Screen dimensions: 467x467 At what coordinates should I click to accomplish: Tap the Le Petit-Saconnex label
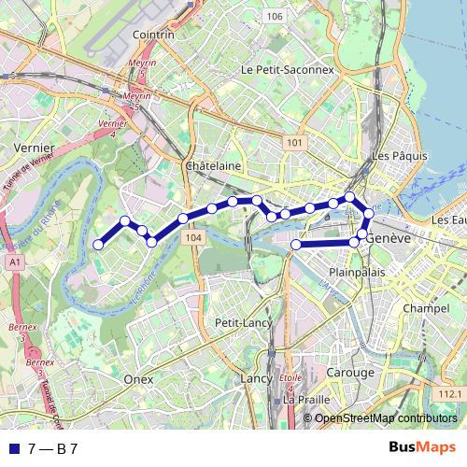tap(287, 69)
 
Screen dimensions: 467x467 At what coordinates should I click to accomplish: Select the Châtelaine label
tap(214, 165)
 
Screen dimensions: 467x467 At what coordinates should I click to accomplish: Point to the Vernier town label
tap(35, 148)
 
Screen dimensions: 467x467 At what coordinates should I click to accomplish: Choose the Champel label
tap(426, 307)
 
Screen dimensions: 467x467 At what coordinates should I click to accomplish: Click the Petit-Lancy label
tap(241, 322)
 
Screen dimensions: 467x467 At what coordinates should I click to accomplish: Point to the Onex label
tap(138, 379)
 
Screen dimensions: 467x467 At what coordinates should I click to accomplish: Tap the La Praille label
tap(307, 399)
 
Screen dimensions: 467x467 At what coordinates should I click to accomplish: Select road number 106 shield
tap(274, 17)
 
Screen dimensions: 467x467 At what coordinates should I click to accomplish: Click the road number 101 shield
tap(295, 142)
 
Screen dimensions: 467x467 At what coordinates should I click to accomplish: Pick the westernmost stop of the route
tap(98, 245)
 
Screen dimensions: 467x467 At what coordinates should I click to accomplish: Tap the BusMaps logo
tap(422, 447)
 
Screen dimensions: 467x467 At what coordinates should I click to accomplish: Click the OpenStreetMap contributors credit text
tap(386, 418)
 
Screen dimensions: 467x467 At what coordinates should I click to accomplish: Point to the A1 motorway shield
tap(15, 263)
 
